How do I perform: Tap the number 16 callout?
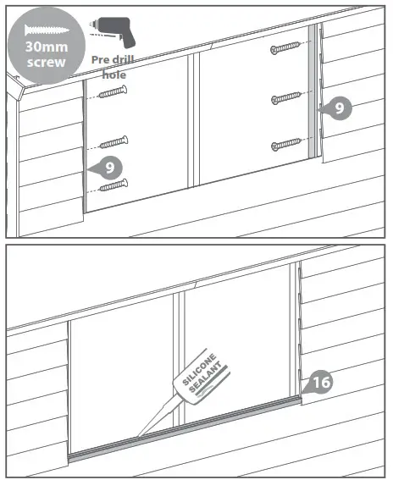pyautogui.click(x=319, y=383)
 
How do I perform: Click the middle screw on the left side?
pyautogui.click(x=113, y=141)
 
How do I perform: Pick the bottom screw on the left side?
pyautogui.click(x=113, y=184)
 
